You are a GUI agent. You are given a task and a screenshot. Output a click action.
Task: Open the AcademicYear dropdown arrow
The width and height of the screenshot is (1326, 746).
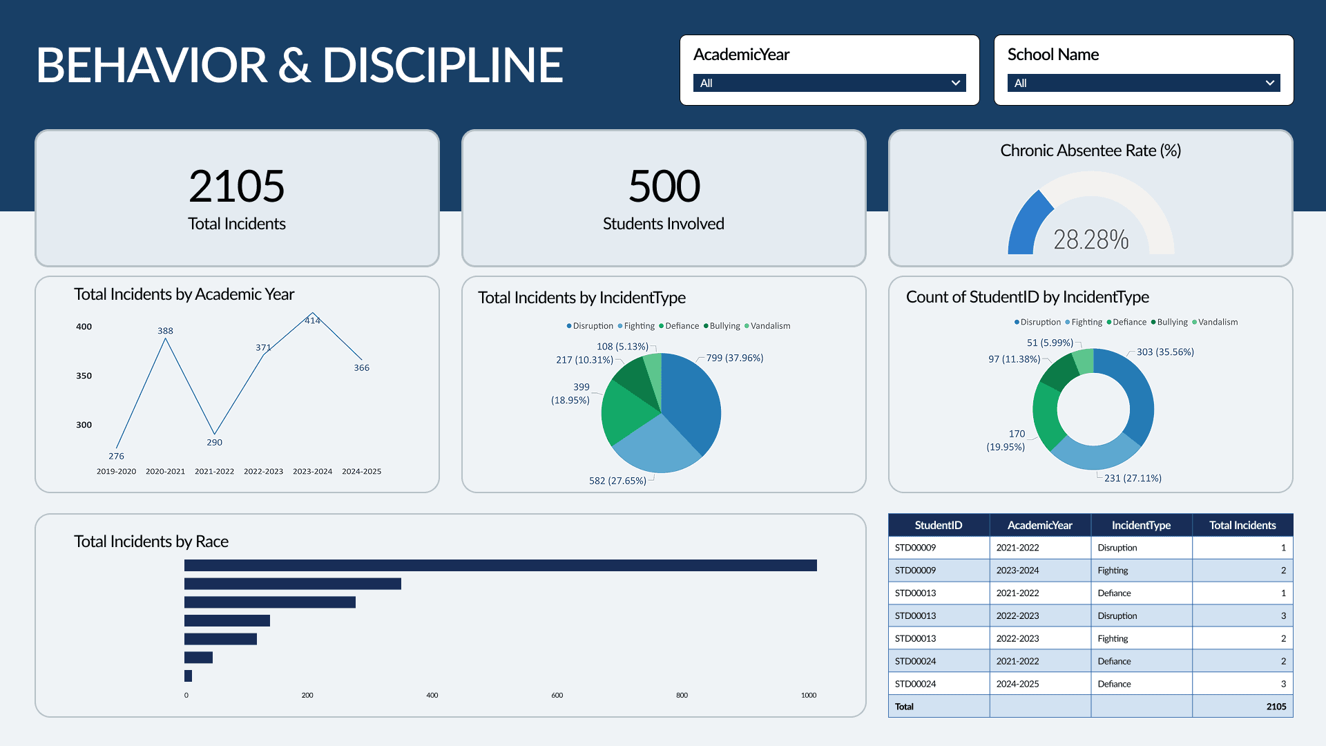tap(956, 83)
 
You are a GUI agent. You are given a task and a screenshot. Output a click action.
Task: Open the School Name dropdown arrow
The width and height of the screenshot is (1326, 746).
tap(1269, 83)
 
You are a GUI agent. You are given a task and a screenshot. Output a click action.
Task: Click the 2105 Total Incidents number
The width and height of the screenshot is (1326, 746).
tap(237, 186)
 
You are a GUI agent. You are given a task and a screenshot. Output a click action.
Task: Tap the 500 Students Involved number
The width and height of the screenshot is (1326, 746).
tap(664, 186)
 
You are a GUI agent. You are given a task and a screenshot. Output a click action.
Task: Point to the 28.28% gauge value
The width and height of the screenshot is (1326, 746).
tap(1090, 240)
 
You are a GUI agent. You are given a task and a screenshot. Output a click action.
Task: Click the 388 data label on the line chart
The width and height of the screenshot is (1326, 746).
tap(165, 331)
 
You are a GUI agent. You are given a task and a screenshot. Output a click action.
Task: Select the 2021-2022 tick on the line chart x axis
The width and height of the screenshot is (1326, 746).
tap(214, 472)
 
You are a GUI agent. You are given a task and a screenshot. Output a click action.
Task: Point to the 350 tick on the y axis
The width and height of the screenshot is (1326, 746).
tap(84, 376)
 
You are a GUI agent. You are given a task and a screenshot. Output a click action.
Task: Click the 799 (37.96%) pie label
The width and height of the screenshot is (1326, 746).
tap(734, 358)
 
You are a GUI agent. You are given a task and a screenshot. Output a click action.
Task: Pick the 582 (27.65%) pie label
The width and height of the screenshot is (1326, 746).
tap(617, 481)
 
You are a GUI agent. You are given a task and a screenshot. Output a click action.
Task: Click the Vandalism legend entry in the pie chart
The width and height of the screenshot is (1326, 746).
tap(769, 326)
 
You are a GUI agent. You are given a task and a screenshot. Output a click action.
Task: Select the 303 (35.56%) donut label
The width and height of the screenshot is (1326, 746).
tap(1165, 352)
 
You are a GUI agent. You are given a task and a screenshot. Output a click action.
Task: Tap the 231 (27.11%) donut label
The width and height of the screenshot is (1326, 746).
tap(1133, 478)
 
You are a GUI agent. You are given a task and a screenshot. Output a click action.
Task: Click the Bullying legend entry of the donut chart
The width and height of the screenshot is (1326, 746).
tap(1172, 322)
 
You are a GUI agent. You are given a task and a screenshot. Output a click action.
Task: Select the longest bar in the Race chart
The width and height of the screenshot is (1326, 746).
tap(500, 566)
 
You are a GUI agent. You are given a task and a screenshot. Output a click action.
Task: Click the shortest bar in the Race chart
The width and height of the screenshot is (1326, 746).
tap(188, 676)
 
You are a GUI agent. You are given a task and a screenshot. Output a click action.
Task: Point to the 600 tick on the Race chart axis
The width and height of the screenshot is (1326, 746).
tap(557, 696)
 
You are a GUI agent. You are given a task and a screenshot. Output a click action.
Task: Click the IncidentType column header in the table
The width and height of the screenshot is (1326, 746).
tap(1141, 525)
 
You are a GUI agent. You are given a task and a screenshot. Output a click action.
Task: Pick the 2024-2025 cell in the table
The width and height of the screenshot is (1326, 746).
tap(1017, 684)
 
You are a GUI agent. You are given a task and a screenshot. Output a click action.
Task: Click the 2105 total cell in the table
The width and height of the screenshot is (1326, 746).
tap(1276, 707)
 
